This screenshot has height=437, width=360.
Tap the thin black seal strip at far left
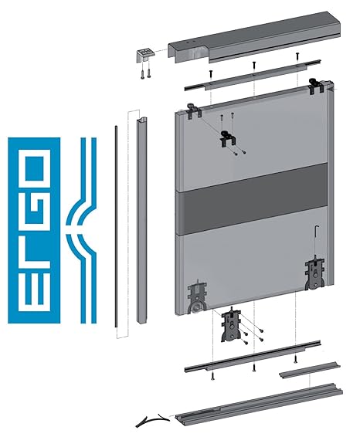[117, 224]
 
